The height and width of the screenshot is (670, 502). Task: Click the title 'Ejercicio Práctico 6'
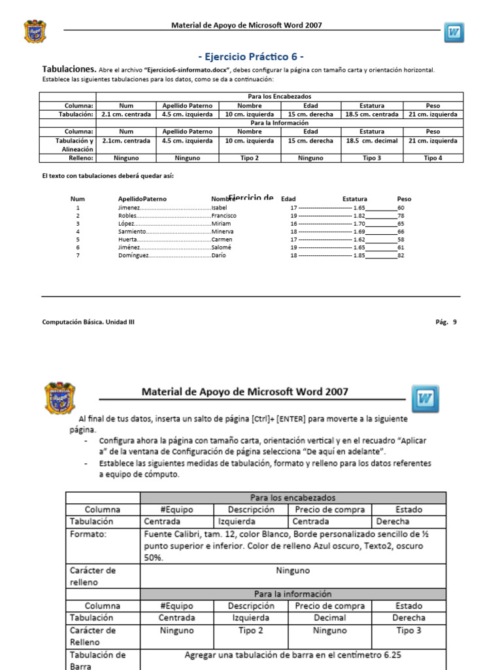click(250, 56)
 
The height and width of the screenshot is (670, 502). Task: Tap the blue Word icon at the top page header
click(454, 32)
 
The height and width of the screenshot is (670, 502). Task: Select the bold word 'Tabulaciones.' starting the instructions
click(69, 69)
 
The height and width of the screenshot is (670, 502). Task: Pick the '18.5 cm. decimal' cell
click(371, 141)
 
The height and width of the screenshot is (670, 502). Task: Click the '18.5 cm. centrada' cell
click(371, 114)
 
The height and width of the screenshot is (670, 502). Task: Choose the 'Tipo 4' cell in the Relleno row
click(432, 158)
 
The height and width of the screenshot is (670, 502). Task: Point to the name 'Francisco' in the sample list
click(224, 215)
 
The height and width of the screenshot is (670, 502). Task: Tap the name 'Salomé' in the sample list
click(221, 247)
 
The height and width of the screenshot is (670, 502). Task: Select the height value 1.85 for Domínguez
click(359, 256)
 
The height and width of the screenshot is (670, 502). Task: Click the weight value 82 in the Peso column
click(401, 256)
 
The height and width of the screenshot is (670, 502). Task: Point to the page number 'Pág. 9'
click(446, 322)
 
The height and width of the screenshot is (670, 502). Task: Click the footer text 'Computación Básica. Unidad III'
click(88, 322)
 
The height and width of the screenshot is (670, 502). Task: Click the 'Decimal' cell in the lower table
click(329, 618)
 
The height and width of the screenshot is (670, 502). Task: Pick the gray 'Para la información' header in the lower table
click(293, 594)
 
